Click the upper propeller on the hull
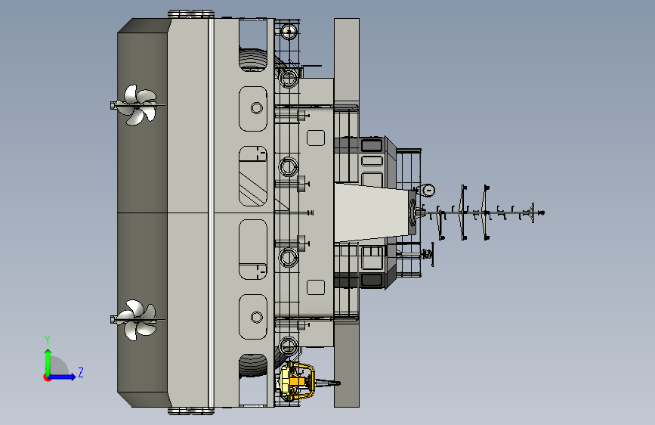coord(137,105)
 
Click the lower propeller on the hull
coord(137,320)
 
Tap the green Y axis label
coord(48,340)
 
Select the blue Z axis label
coord(81,372)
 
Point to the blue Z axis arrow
coord(62,377)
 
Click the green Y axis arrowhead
coord(48,353)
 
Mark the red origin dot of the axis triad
coord(47,377)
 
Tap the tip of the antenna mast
coord(543,213)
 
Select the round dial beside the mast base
coord(428,191)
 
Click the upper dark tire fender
coord(253,59)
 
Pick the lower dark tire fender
coord(253,366)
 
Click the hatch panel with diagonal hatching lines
coord(253,176)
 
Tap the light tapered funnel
coord(372,212)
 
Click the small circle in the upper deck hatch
coord(257,108)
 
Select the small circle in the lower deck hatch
coord(257,318)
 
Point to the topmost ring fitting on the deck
coord(289,31)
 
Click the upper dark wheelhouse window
coord(372,145)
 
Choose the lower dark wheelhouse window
coord(372,280)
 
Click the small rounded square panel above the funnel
coord(316,138)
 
